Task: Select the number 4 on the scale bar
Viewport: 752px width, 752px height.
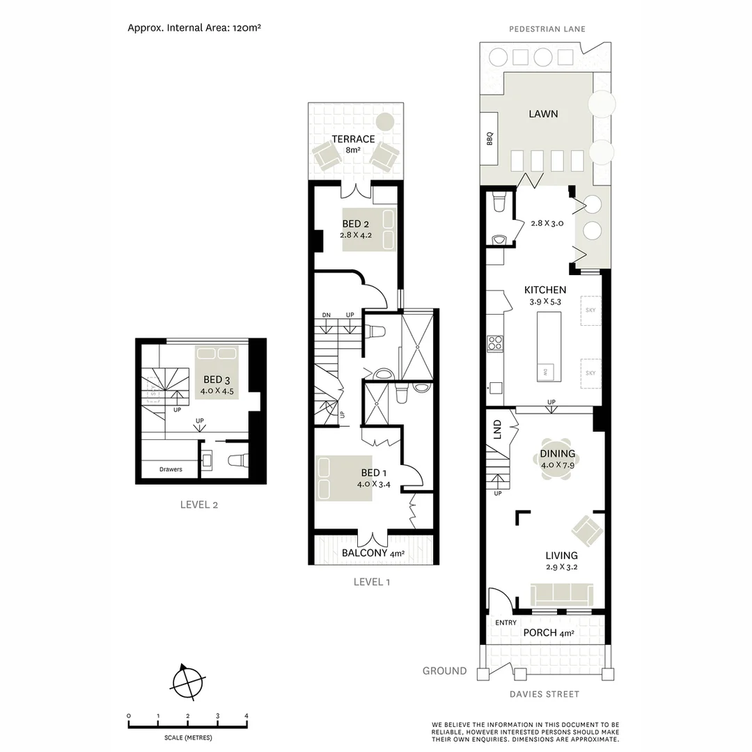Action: (x=246, y=716)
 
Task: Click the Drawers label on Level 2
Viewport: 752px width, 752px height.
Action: (x=171, y=469)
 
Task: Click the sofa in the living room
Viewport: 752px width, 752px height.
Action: (x=562, y=594)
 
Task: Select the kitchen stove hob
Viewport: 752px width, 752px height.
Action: (x=495, y=343)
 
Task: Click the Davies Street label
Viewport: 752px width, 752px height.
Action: (x=544, y=694)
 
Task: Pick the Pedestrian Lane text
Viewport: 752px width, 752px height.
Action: (x=547, y=29)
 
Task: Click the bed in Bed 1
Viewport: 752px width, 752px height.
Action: (x=343, y=478)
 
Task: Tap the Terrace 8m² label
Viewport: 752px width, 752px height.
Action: (x=354, y=144)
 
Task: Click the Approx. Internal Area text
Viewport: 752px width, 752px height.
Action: (x=194, y=29)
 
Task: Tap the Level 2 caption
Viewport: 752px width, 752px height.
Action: (x=199, y=505)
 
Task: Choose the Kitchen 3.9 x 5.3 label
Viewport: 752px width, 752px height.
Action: (x=545, y=295)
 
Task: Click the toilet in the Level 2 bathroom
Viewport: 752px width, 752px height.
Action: (x=237, y=460)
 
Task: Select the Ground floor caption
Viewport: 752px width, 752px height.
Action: (x=444, y=671)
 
